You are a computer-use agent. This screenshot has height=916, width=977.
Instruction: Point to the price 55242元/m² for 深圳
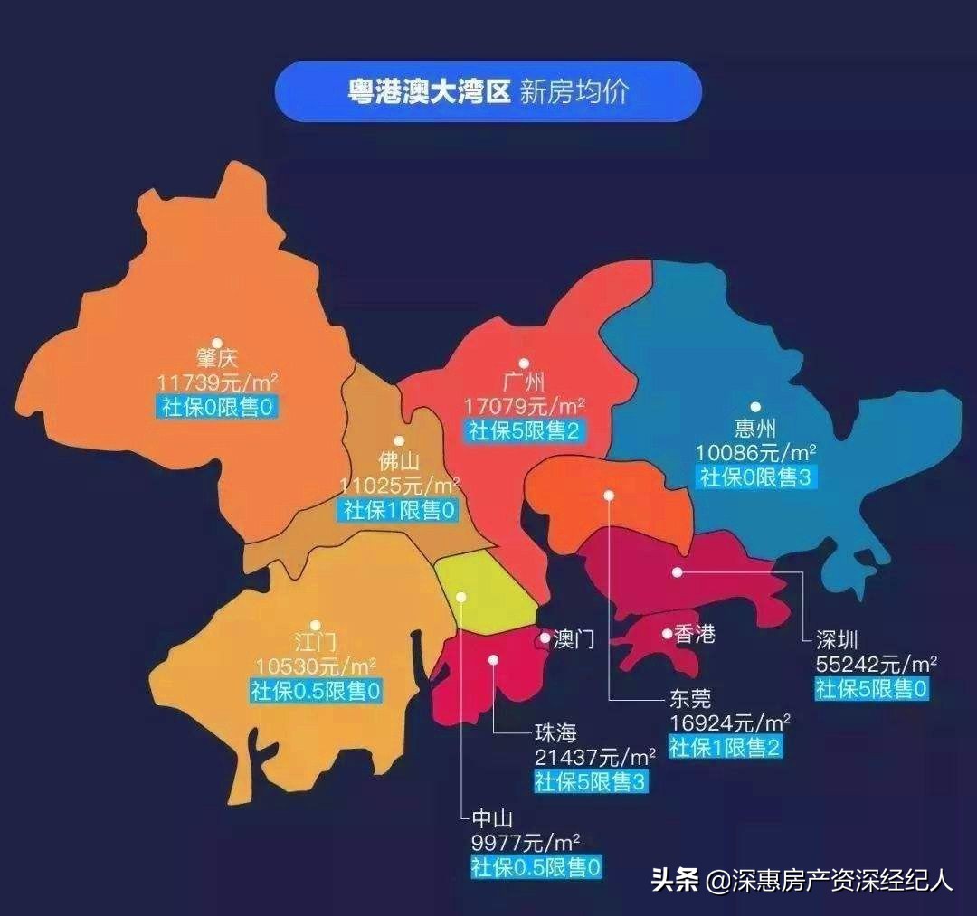pos(876,665)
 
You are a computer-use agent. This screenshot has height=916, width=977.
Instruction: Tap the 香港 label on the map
pos(695,635)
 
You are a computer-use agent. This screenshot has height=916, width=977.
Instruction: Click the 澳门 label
pos(574,640)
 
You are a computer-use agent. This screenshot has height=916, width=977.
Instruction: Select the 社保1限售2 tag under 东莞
pos(726,746)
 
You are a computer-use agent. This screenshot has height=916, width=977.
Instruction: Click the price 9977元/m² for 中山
pos(525,844)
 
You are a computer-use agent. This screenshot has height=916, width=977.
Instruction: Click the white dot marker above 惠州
pos(755,408)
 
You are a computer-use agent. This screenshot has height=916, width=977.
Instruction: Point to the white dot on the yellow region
pos(460,597)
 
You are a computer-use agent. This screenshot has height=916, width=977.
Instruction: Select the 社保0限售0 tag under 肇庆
pos(217,406)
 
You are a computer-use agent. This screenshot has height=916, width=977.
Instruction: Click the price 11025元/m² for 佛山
pos(399,486)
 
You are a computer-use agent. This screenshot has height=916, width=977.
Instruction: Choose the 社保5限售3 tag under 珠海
pos(592,781)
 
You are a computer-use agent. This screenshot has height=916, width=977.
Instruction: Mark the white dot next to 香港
pos(667,634)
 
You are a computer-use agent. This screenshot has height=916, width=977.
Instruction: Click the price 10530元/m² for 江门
pos(315,667)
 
